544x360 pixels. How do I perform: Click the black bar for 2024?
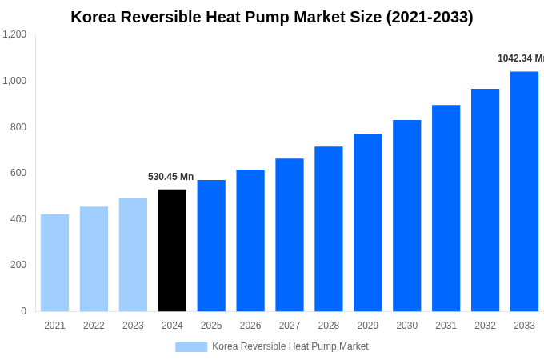[x=172, y=250]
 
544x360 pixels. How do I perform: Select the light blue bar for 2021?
[x=54, y=262]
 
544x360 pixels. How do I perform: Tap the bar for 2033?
[x=524, y=191]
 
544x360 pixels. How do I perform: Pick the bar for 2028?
[x=328, y=229]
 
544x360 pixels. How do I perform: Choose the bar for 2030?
[x=406, y=215]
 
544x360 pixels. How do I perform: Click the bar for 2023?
[x=133, y=254]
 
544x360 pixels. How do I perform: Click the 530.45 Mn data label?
[x=170, y=177]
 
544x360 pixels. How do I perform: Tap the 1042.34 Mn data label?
[x=520, y=58]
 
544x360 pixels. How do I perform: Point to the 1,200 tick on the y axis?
[x=14, y=34]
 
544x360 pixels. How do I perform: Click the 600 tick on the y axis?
[x=18, y=173]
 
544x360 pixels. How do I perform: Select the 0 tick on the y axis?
[x=23, y=311]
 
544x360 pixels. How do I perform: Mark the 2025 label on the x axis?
[x=211, y=326]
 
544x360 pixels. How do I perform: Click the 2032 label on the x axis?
[x=485, y=326]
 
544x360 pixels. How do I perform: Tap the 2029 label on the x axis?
[x=367, y=326]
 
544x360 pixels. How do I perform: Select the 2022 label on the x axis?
[x=94, y=326]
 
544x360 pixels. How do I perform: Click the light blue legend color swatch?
[x=191, y=347]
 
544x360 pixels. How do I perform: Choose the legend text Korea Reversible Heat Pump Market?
[x=290, y=346]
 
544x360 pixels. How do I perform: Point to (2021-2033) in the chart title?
[x=430, y=17]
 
